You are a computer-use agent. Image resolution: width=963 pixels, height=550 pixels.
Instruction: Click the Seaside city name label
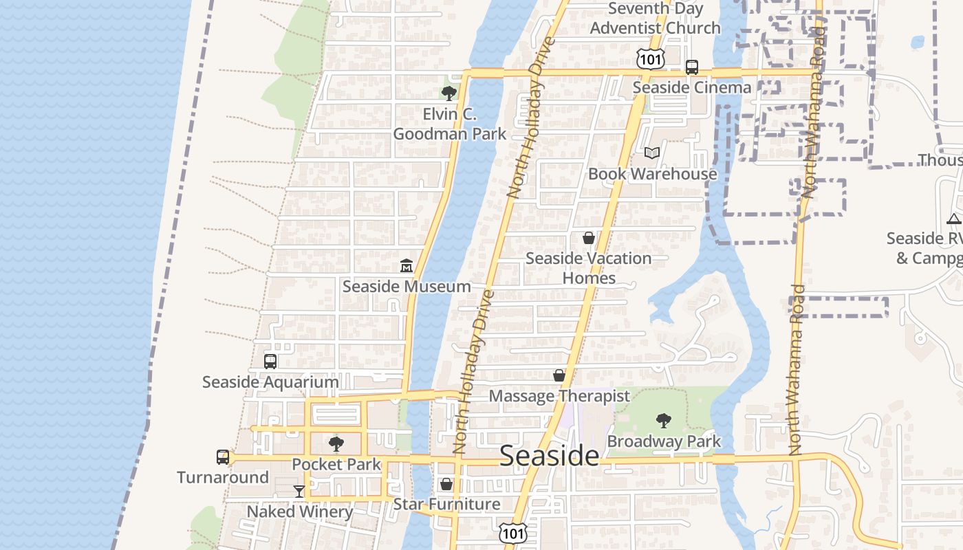point(549,456)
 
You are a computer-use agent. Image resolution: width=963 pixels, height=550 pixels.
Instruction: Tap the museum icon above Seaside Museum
point(407,265)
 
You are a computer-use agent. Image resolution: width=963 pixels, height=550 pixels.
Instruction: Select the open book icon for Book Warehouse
point(652,153)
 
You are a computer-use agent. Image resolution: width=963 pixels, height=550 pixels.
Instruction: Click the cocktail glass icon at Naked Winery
point(299,491)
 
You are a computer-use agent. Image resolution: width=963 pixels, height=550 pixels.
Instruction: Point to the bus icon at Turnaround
point(223,457)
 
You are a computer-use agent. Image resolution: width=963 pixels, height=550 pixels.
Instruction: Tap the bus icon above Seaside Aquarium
point(270,361)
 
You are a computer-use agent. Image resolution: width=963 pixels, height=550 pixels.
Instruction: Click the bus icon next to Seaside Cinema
point(692,67)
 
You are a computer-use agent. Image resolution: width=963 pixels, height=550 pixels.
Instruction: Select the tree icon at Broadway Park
point(664,420)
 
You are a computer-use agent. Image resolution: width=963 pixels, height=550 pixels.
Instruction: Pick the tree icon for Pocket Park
point(336,444)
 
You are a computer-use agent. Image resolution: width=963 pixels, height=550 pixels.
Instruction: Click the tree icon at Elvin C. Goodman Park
point(449,93)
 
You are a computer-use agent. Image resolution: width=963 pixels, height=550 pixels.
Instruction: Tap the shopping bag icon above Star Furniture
point(446,484)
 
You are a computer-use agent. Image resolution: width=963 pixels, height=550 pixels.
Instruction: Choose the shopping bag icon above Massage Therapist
point(559,375)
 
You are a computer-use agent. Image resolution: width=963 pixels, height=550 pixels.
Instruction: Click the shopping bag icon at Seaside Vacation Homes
point(589,238)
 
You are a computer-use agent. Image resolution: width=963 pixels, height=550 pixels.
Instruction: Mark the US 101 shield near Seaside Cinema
point(650,59)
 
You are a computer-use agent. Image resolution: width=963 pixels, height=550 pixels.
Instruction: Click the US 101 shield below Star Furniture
point(512,532)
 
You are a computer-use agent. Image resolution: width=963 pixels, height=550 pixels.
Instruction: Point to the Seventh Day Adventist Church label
point(655,19)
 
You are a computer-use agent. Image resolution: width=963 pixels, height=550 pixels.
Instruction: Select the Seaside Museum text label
point(407,287)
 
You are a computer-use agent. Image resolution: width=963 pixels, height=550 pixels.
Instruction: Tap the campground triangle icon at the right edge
point(953,219)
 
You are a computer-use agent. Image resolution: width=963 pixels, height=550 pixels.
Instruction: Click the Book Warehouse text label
point(652,174)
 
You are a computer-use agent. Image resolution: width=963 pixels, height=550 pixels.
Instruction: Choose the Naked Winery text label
point(299,511)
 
